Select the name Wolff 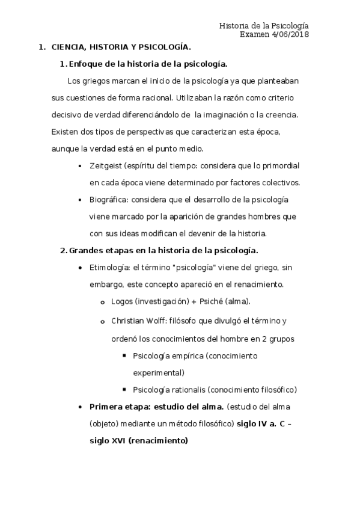[159, 321]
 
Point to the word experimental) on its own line [159, 372]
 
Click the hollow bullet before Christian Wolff [103, 322]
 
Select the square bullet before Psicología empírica [124, 355]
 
